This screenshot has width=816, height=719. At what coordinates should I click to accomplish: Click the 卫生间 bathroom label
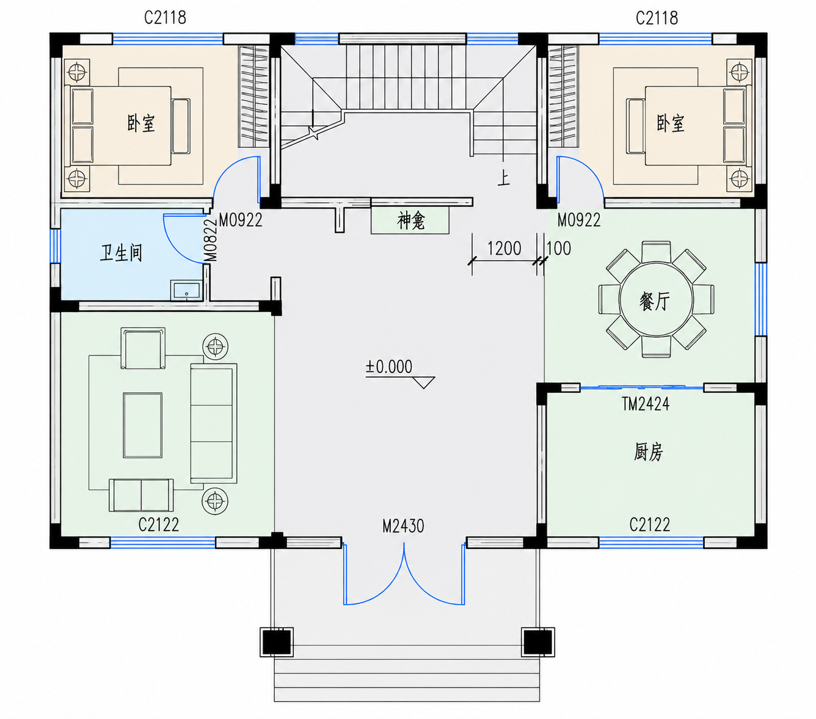click(x=121, y=253)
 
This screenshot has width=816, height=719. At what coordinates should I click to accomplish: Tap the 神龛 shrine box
click(x=410, y=221)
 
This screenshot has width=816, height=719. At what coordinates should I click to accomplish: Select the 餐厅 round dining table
click(x=656, y=299)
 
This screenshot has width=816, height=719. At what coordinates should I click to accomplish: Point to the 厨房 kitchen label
click(x=648, y=451)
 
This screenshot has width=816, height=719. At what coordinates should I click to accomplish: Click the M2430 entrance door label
click(x=403, y=526)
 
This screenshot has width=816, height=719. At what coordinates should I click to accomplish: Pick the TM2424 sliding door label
click(x=646, y=404)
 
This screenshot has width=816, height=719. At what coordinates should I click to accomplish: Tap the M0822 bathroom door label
click(x=211, y=240)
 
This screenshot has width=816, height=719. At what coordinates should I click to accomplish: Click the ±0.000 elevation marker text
click(x=388, y=367)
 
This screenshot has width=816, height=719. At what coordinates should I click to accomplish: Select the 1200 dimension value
click(x=505, y=248)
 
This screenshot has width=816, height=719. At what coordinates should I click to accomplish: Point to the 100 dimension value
click(x=559, y=248)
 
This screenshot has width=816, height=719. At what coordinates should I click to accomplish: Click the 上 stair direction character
click(x=503, y=178)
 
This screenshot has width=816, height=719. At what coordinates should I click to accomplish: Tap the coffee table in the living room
click(x=142, y=425)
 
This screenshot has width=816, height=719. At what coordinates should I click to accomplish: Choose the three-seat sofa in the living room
click(x=213, y=423)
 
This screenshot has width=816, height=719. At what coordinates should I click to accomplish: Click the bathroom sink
click(x=186, y=290)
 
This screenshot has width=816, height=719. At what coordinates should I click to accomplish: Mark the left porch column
click(x=276, y=642)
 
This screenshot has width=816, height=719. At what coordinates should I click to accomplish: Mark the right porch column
click(x=537, y=642)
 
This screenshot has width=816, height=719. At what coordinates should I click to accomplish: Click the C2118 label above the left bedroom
click(x=165, y=18)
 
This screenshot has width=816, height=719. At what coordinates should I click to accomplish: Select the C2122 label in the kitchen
click(x=650, y=525)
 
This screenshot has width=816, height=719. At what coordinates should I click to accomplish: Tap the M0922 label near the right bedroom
click(x=579, y=220)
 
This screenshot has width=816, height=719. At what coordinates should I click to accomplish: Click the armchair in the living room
click(x=143, y=348)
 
